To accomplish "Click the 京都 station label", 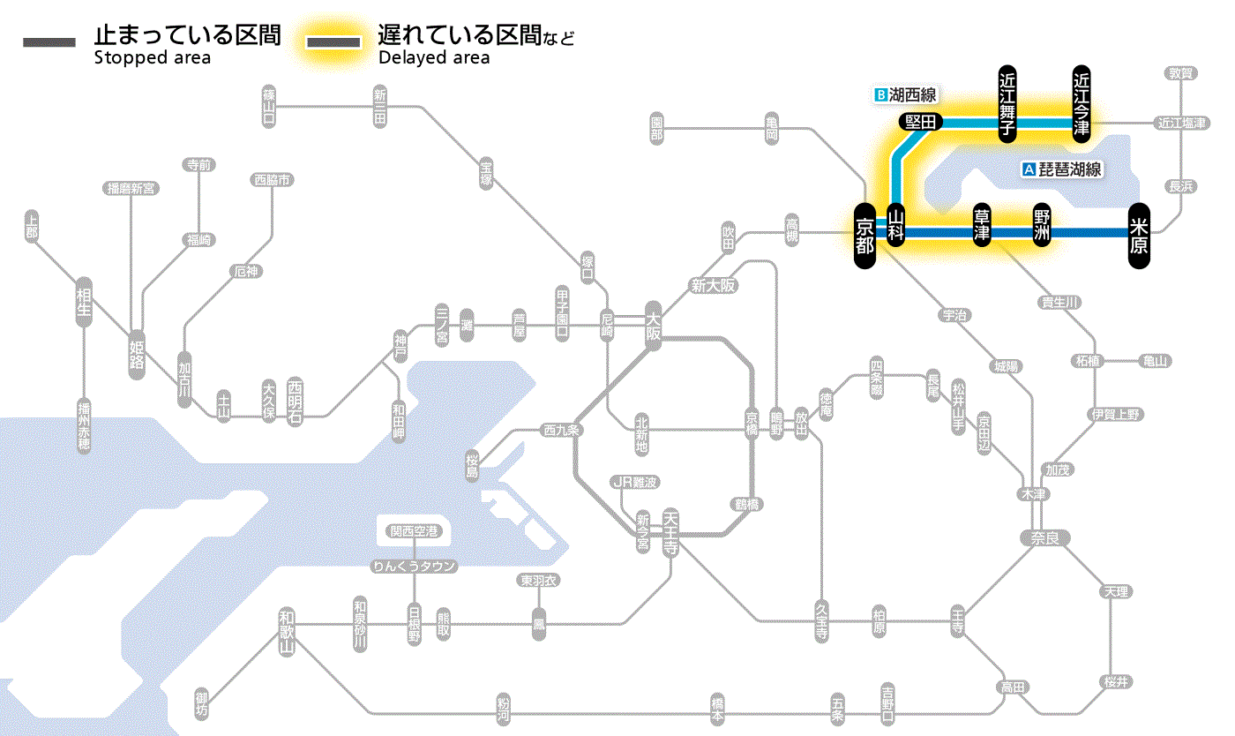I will coord(864,236).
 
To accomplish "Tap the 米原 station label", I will coord(1139,236).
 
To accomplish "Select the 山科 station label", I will coord(895,227).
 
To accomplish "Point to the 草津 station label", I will coord(982,226).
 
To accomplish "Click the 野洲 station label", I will coord(1042,226).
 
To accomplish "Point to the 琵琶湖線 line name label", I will coord(1070,169).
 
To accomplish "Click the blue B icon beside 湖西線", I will coord(879,94).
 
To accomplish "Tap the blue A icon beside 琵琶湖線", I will coord(1029,169).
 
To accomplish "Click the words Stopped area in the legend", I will coord(152,58).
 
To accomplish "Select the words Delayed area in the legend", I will coord(434,58).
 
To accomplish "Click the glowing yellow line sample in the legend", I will coord(333,42).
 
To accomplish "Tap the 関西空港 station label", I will coord(415,531).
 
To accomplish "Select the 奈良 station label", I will coord(1044,537).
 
